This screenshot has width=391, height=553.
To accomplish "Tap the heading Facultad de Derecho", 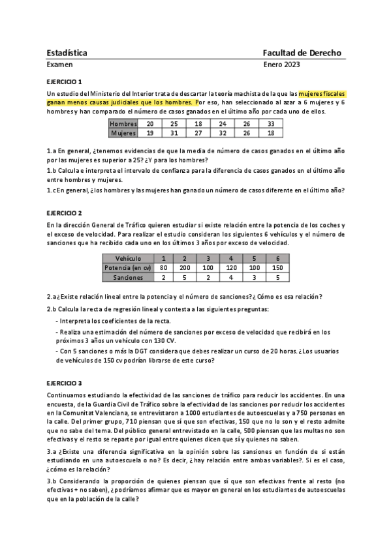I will click(302, 52).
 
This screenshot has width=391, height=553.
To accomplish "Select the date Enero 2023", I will click(281, 65).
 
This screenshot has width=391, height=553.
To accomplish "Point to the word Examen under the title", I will click(60, 65).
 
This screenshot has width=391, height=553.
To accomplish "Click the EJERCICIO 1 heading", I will click(64, 82).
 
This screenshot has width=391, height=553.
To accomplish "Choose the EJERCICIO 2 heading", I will click(64, 213).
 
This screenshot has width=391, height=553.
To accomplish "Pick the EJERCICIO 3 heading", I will click(64, 383).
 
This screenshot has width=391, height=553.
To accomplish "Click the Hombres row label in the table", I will click(123, 123).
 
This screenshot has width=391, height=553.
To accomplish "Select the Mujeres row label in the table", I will click(123, 132).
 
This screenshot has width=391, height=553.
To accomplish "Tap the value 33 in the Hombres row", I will click(271, 123).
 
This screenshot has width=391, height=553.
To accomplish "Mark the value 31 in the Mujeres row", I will click(174, 132).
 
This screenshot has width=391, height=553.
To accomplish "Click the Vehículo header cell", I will click(128, 258).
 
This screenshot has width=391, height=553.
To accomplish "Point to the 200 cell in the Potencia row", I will click(185, 267).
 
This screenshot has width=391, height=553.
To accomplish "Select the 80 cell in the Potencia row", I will click(163, 267).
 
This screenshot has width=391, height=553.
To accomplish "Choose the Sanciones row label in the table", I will click(128, 277).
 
